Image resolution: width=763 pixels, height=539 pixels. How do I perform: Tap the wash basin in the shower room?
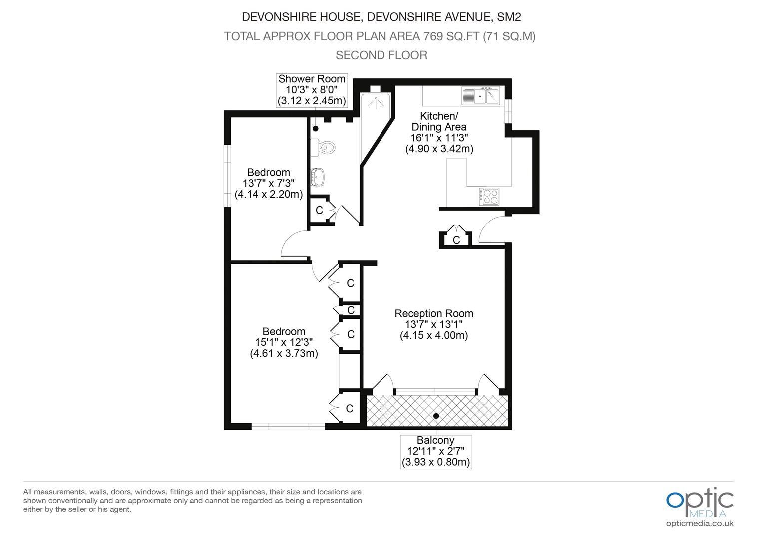pos(318,177)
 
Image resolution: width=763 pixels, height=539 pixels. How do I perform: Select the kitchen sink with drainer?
pos(481,95)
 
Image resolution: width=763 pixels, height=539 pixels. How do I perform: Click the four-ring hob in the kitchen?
pos(489,197)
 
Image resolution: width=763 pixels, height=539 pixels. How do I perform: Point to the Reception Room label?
pos(434,313)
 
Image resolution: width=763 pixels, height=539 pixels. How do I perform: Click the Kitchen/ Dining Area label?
pos(439,122)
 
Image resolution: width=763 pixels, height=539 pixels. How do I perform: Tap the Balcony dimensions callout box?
pos(436,452)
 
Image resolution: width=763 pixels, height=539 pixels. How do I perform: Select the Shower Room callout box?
pos(312,90)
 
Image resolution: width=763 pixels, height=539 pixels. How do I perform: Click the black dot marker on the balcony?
pos(436,416)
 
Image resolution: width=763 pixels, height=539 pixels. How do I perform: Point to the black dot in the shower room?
pos(316,129)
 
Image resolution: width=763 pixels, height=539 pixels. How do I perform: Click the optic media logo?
pos(700,502)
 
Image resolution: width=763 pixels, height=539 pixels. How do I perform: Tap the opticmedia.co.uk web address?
pos(700,524)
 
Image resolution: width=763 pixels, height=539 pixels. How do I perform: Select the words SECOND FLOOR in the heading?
pos(381,55)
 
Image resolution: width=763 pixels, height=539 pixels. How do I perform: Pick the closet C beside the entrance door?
pos(456,240)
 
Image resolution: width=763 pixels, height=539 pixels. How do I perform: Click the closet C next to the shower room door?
pos(319,210)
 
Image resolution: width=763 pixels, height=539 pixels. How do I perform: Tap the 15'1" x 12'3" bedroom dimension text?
pos(284,342)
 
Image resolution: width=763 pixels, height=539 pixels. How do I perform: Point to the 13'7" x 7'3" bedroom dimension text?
pos(269,183)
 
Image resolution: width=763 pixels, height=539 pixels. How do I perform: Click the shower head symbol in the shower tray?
pos(376,103)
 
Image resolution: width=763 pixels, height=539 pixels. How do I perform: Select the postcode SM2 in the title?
pos(509,17)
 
